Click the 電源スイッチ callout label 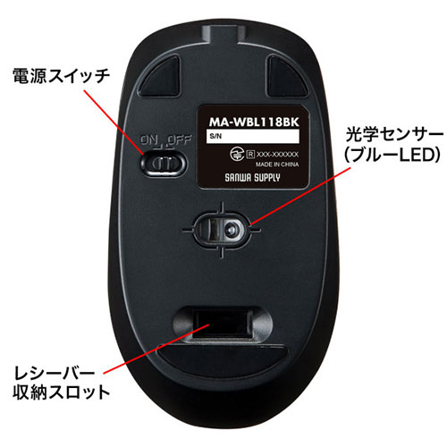[x=62, y=76]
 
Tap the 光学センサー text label [x=394, y=136]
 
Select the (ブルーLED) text [x=392, y=155]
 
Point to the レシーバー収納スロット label [x=62, y=383]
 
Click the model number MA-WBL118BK [x=254, y=122]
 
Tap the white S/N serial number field [x=253, y=137]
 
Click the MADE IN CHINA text [x=277, y=164]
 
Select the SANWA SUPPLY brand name [x=252, y=178]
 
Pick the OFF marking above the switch [x=180, y=139]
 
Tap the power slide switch [x=164, y=164]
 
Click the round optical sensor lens [x=231, y=230]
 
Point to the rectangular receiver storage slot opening [x=222, y=324]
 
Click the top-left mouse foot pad [x=160, y=77]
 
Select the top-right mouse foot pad [x=286, y=76]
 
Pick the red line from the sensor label [x=300, y=196]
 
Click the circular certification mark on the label [x=238, y=154]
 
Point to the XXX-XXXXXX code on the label [x=277, y=155]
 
